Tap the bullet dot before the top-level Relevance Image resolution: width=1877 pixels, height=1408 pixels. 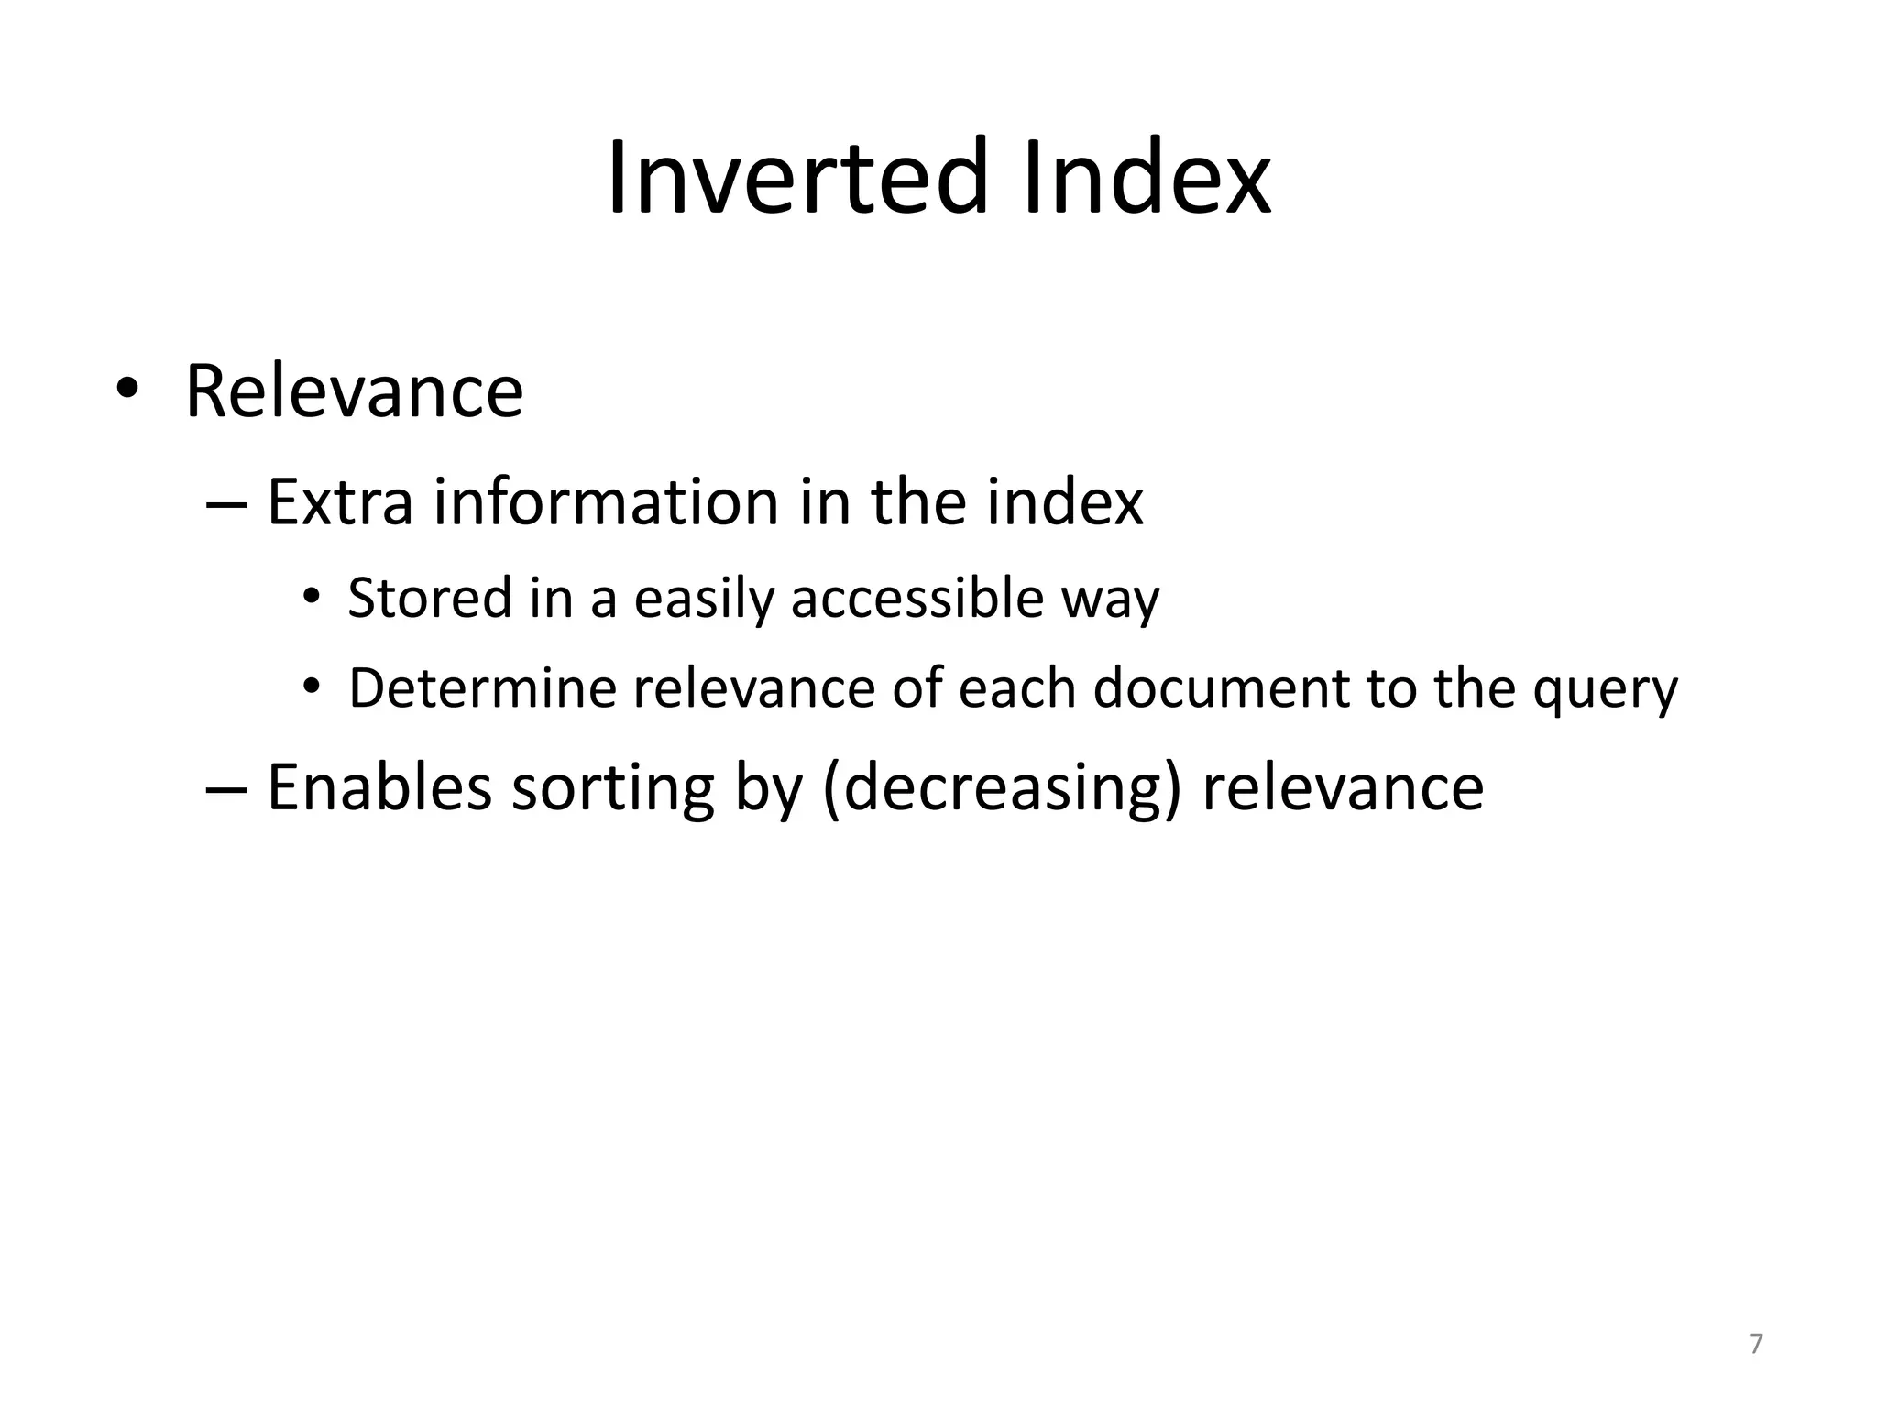click(126, 389)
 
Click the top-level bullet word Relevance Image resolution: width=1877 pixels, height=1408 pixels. click(354, 391)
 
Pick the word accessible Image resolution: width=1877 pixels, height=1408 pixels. click(917, 599)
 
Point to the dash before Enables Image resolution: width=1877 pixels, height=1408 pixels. click(226, 789)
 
